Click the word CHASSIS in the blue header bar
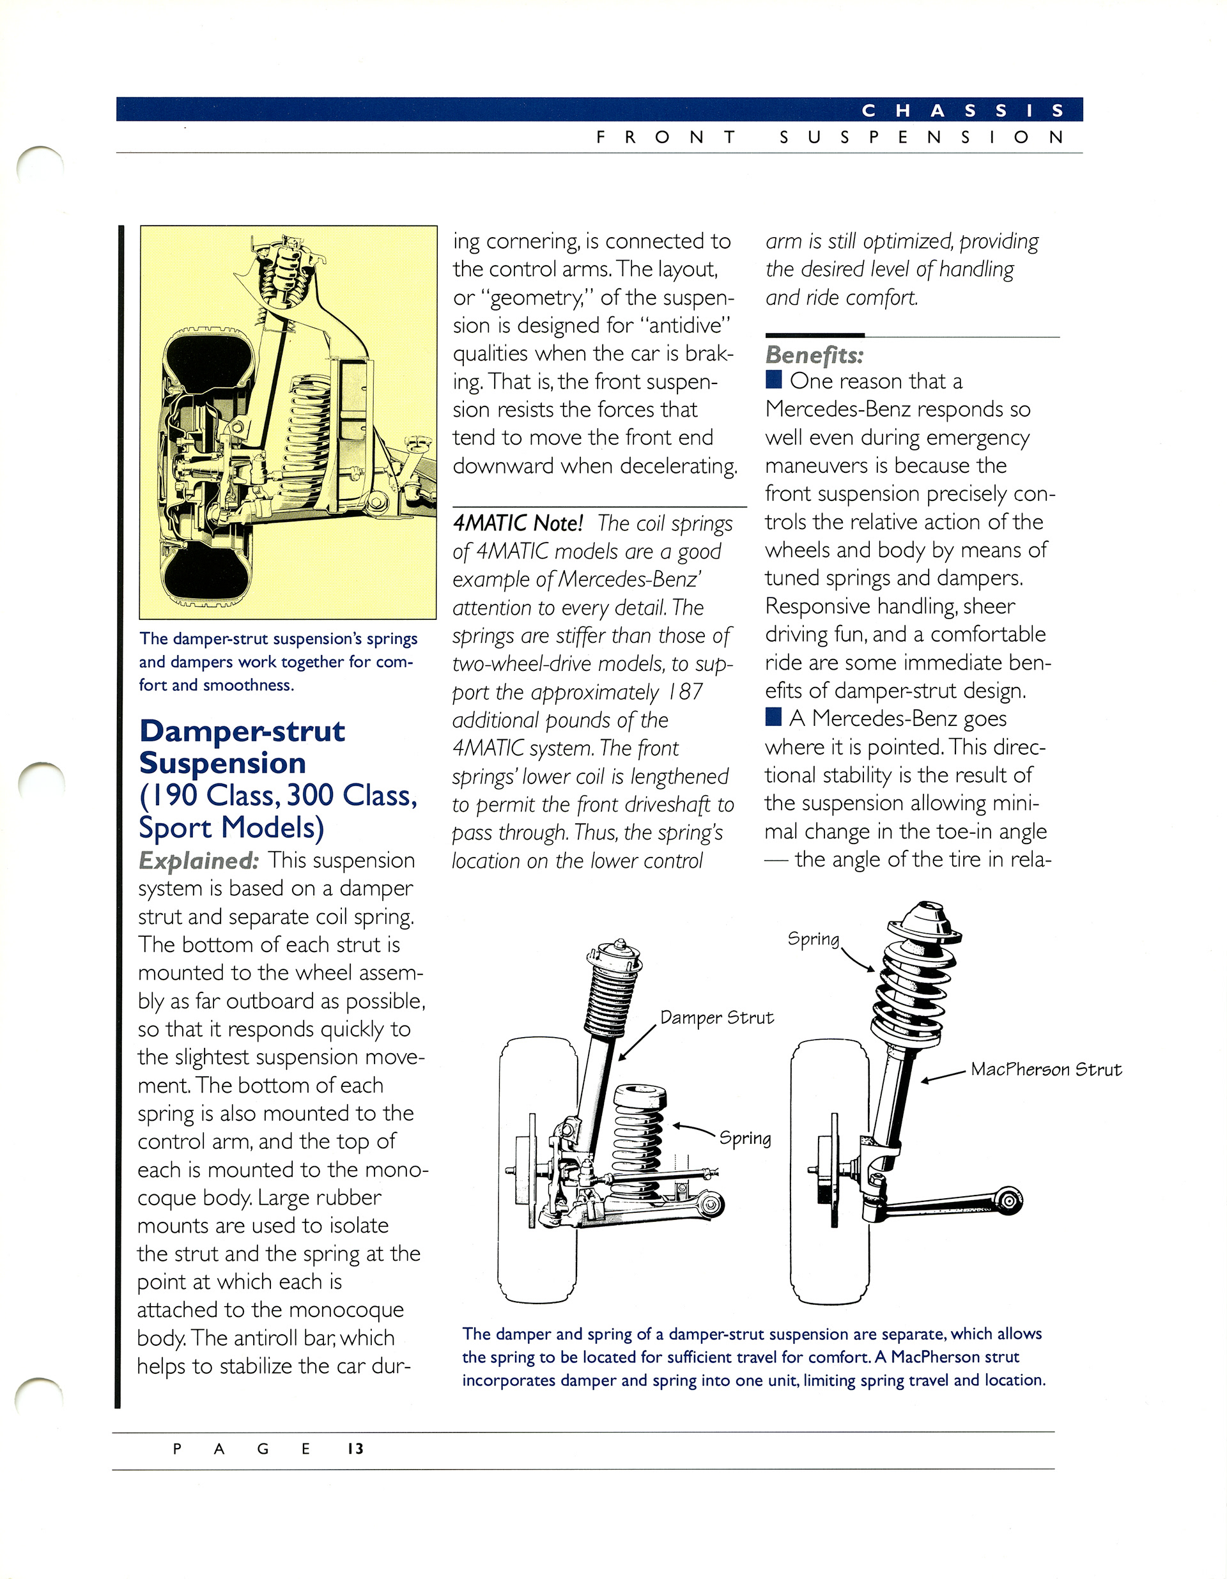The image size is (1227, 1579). [962, 111]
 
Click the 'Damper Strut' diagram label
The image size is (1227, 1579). [716, 1017]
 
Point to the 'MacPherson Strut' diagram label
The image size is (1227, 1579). [1046, 1069]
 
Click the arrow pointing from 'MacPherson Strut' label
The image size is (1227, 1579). [943, 1077]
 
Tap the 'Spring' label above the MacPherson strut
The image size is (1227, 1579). [814, 939]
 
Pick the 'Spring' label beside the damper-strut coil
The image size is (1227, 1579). [745, 1138]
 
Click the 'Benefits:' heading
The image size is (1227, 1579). [814, 355]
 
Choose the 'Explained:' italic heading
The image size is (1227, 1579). [198, 860]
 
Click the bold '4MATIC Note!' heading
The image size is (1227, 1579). [518, 523]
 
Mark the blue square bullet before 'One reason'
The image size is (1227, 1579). [774, 380]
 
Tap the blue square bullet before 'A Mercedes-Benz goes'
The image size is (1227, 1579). [774, 717]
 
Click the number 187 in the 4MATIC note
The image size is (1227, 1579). [684, 692]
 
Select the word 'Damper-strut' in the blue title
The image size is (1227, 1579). [242, 731]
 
